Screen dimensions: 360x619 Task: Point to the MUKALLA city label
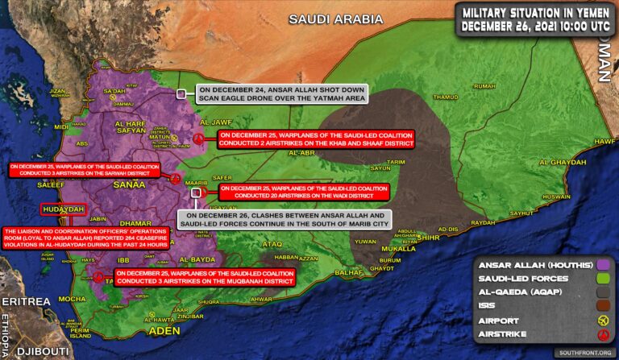(397, 250)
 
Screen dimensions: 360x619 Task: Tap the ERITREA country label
(25, 300)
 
